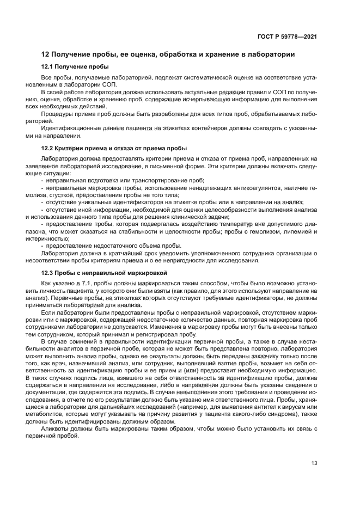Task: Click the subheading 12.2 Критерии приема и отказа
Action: [114, 148]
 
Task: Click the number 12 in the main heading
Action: [46, 54]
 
